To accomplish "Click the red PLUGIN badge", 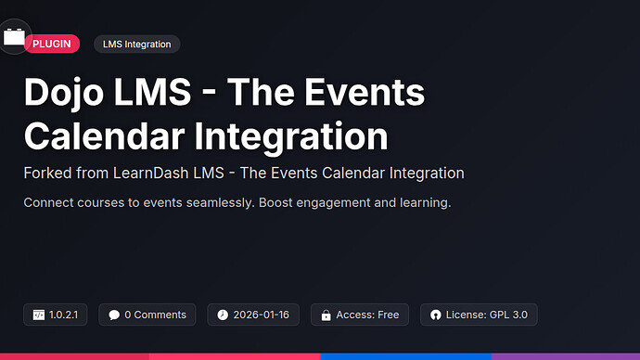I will pyautogui.click(x=52, y=44).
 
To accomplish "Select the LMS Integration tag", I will pyautogui.click(x=137, y=44).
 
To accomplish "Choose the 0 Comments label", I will pyautogui.click(x=155, y=315).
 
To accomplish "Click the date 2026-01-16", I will pyautogui.click(x=261, y=315).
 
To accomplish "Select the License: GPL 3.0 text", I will pyautogui.click(x=487, y=315).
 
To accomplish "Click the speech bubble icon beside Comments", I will pyautogui.click(x=113, y=315).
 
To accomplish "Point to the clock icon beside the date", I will pyautogui.click(x=223, y=315).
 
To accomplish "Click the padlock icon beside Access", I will pyautogui.click(x=326, y=315).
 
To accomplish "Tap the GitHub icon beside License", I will pyautogui.click(x=435, y=315).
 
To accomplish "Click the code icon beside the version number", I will pyautogui.click(x=39, y=315).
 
